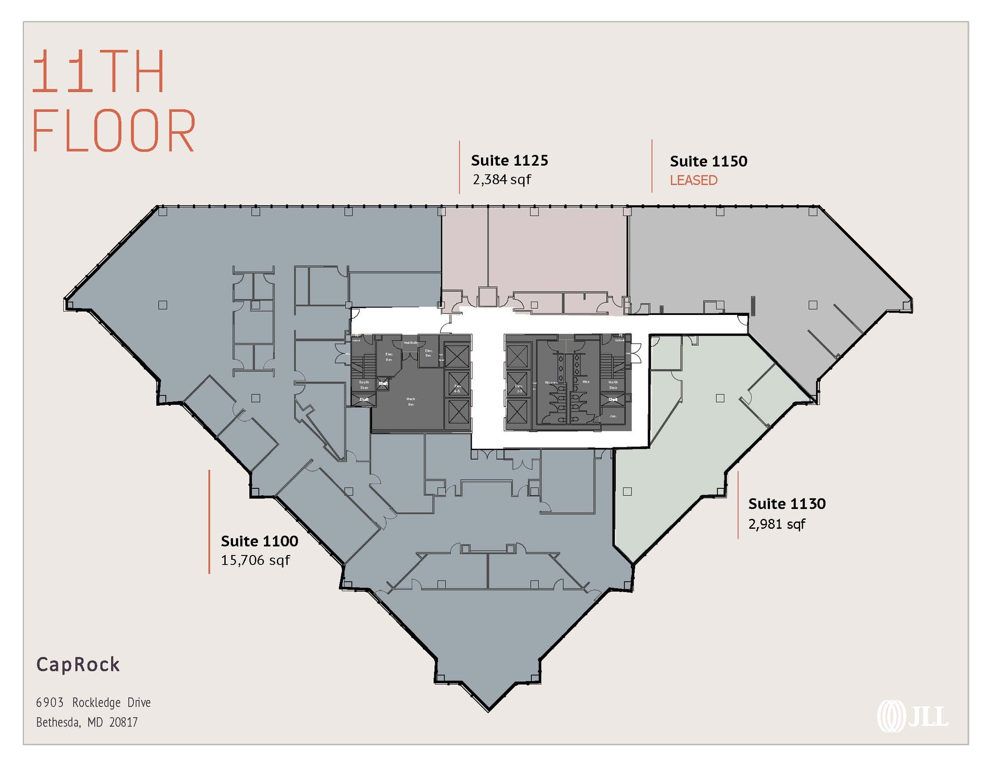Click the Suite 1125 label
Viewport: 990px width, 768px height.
(x=510, y=160)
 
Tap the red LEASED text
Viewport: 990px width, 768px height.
(x=693, y=180)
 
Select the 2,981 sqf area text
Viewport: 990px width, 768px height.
(x=776, y=524)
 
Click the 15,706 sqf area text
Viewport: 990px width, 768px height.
(x=255, y=560)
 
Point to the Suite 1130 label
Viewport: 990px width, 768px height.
(x=786, y=504)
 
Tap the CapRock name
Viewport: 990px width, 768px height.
(x=78, y=665)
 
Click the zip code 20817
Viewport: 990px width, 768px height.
(x=124, y=722)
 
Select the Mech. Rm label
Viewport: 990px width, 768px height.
(x=411, y=401)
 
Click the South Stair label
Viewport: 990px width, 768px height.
(x=364, y=384)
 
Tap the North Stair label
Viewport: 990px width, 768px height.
(x=613, y=384)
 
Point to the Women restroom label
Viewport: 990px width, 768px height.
(x=551, y=383)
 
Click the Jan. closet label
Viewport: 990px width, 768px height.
(x=613, y=416)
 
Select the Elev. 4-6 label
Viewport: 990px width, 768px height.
(x=457, y=388)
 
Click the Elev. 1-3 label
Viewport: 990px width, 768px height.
(x=519, y=388)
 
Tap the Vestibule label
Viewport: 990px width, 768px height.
(x=410, y=342)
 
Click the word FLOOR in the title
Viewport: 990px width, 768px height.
(x=114, y=131)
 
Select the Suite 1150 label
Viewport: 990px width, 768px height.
(x=708, y=161)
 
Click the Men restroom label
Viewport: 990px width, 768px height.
(x=586, y=382)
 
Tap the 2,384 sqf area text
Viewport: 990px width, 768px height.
(x=502, y=180)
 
